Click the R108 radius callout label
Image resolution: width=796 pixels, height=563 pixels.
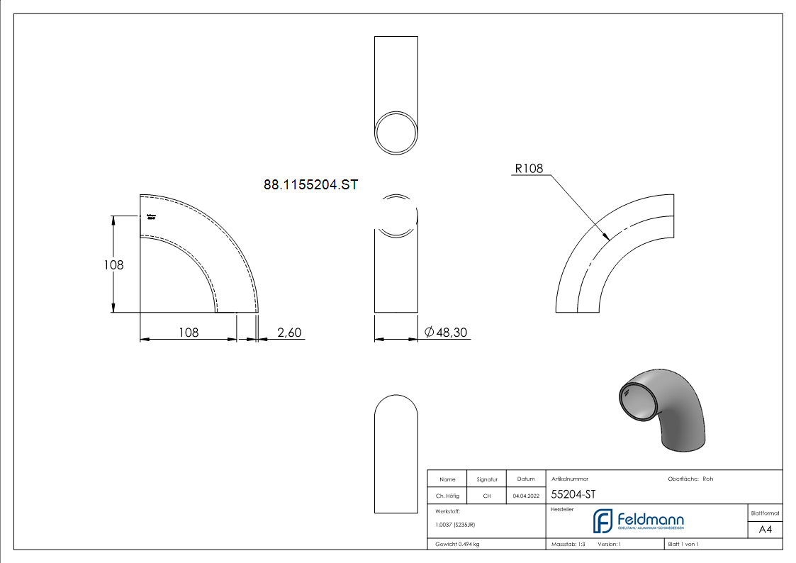point(528,169)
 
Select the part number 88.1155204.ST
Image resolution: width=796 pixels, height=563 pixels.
point(310,185)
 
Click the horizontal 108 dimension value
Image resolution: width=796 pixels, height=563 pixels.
point(188,332)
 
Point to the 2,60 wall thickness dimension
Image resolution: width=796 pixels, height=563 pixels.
point(289,332)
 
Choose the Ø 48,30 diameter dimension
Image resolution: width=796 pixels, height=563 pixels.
point(446,332)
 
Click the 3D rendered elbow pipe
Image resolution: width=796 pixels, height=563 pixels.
point(661,409)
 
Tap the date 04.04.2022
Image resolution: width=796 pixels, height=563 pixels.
point(525,496)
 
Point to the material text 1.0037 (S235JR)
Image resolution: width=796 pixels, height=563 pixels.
point(455,525)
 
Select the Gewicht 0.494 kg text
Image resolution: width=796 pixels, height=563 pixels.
point(458,544)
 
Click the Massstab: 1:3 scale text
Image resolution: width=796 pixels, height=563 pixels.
point(568,544)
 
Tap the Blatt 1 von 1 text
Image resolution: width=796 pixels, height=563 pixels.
point(683,544)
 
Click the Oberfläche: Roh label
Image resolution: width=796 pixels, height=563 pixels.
point(690,479)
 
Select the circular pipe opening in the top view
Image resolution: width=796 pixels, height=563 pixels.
point(396,132)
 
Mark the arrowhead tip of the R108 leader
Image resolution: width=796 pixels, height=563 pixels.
point(608,240)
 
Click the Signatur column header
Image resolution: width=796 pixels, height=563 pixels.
point(487,479)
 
